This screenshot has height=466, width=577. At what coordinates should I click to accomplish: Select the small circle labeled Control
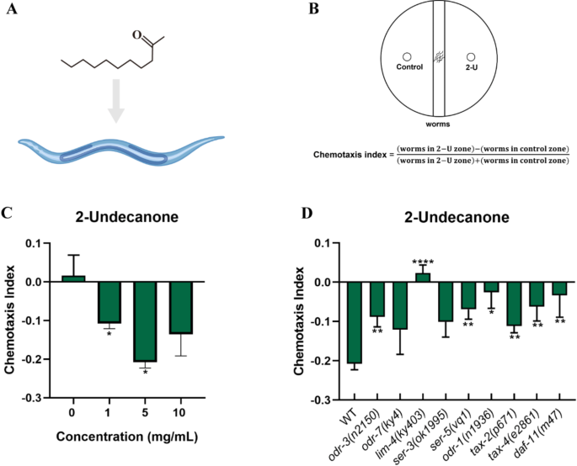[x=406, y=56]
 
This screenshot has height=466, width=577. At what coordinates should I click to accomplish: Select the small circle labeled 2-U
[x=473, y=56]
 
